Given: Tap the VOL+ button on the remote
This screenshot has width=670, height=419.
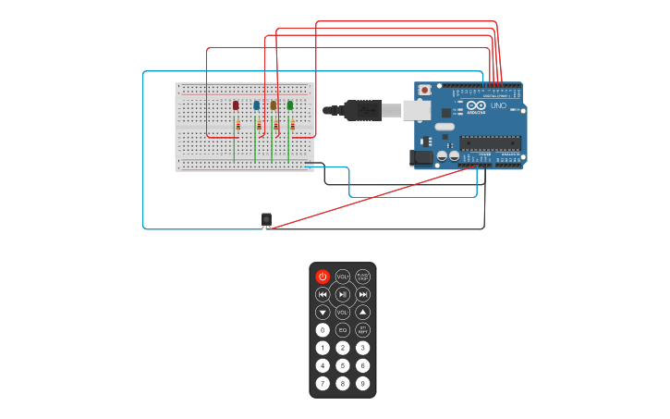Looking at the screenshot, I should (343, 277).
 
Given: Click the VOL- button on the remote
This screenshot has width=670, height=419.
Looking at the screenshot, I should (343, 312).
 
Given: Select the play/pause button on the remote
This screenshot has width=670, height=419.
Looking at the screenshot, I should (343, 294).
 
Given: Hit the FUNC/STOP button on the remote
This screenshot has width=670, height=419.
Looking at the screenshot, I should (363, 277).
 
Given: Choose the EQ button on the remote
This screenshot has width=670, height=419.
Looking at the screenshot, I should (343, 329).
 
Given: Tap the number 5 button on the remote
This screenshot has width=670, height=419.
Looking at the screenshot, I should (343, 365).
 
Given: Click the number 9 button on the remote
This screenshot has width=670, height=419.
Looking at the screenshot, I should (363, 383).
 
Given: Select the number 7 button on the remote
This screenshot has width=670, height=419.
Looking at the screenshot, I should (323, 383).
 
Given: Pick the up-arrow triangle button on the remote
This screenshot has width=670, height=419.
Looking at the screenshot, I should (363, 312).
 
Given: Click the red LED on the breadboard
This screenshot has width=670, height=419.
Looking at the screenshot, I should (237, 105).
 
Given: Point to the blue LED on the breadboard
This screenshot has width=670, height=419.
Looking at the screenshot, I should (256, 105).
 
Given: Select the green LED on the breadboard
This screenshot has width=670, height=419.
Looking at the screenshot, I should (290, 105).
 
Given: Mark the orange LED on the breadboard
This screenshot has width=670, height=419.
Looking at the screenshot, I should (274, 105).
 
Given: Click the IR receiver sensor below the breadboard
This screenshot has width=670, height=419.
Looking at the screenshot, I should (266, 219).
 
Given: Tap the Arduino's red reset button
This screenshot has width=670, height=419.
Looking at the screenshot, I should (425, 90).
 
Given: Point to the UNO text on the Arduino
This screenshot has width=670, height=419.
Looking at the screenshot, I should (497, 105).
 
